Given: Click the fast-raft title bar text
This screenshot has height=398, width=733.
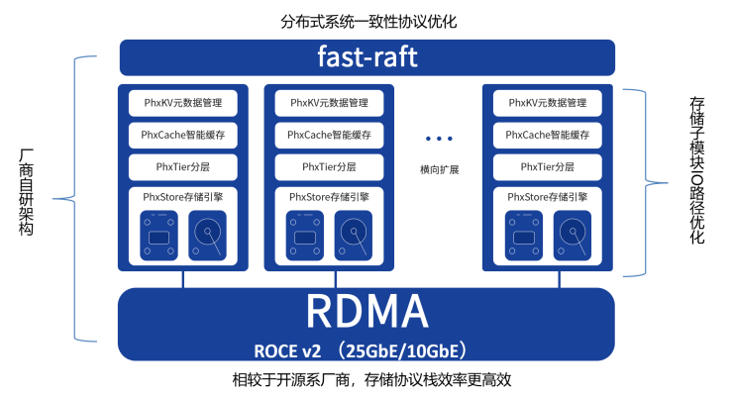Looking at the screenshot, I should point(366,57).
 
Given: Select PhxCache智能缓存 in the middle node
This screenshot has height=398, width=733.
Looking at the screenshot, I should point(330,135).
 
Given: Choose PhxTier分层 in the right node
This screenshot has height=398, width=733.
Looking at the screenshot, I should point(548,166).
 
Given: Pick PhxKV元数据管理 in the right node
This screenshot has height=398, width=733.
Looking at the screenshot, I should point(548,102).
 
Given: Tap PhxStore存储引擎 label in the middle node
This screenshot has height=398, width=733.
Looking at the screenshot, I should point(330,197).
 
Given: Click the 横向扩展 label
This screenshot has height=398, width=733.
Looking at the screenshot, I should point(439,169).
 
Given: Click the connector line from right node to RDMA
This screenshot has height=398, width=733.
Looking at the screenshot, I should point(548,279).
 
